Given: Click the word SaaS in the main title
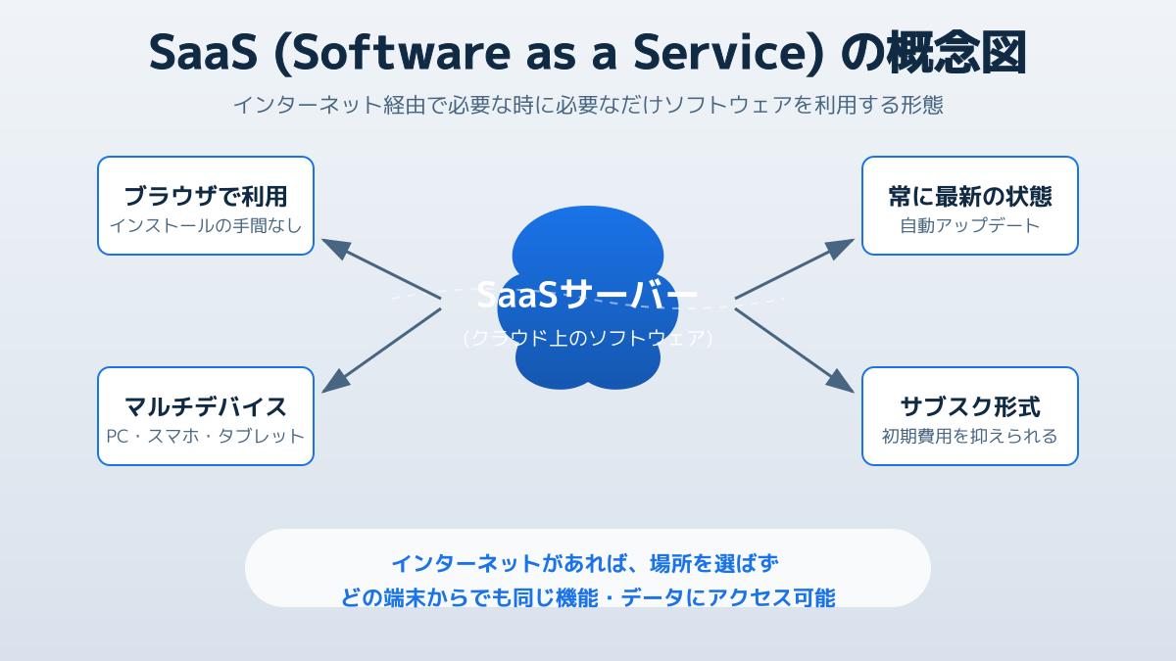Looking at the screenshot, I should tap(203, 53).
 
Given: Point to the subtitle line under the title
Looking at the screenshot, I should tap(588, 105).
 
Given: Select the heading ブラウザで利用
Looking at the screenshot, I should tap(206, 196).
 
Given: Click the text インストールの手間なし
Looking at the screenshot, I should tap(206, 225).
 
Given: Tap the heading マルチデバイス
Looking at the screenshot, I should tap(206, 406).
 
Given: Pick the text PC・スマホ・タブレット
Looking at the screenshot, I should tap(206, 436).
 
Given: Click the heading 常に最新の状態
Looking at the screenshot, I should tap(970, 196).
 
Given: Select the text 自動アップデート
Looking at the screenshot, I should tap(970, 225).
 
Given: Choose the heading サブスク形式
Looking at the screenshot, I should tap(970, 406).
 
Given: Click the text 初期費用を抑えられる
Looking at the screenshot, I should tap(970, 436).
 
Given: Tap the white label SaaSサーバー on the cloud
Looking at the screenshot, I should tap(588, 295).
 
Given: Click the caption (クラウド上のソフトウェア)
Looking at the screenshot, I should tap(588, 338).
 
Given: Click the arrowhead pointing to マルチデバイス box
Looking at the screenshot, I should tap(334, 383).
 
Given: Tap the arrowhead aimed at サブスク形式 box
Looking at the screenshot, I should tap(842, 383).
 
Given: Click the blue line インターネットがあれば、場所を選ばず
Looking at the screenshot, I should tap(585, 563).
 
